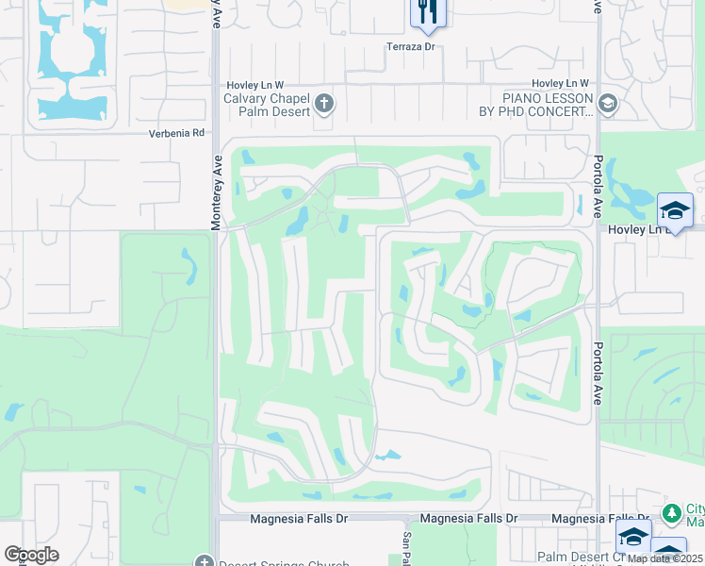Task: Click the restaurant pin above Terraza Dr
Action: [427, 12]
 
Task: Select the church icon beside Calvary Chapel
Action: [324, 103]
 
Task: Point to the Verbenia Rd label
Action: [176, 133]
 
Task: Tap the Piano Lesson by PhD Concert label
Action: [548, 105]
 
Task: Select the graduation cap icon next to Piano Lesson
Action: [607, 104]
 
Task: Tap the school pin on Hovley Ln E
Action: [675, 210]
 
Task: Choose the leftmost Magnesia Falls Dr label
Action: [299, 519]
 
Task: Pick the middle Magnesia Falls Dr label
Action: [469, 519]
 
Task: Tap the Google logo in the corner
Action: [30, 555]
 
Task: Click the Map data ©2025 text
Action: [664, 558]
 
